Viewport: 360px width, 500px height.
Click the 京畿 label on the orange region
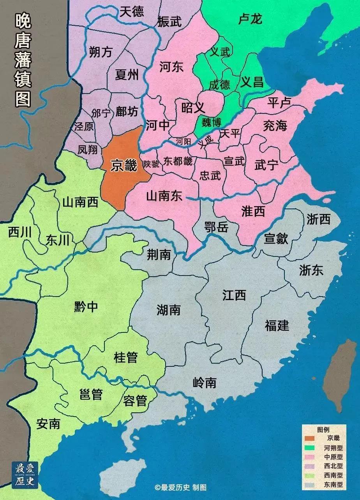[x=124, y=166]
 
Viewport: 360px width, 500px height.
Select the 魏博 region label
[x=211, y=122]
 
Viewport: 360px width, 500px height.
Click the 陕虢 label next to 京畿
[x=151, y=164]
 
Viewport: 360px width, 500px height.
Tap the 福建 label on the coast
[x=277, y=325]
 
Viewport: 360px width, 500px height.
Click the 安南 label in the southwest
[x=48, y=424]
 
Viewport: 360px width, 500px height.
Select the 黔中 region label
[x=86, y=307]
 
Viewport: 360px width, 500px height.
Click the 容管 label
[x=135, y=400]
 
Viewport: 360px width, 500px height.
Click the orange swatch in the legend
[x=310, y=438]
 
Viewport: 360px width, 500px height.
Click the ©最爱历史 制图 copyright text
[x=180, y=487]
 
